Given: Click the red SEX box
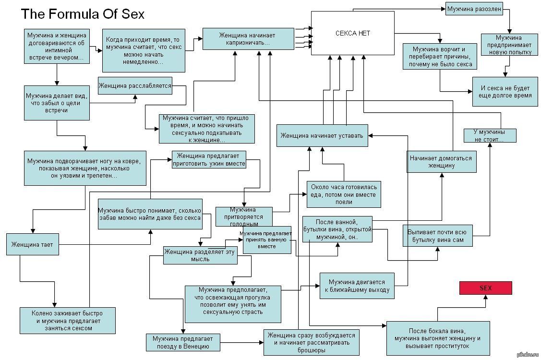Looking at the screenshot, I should [486, 288].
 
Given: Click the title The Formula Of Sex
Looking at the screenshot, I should [82, 14].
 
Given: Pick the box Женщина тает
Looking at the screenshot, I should [32, 245].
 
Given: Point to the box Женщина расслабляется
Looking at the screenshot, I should [135, 86].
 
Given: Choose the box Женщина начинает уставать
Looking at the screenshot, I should [323, 135].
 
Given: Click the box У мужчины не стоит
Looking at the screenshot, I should [489, 135].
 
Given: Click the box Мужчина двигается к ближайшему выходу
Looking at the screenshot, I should [357, 286].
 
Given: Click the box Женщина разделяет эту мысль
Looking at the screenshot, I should [200, 255].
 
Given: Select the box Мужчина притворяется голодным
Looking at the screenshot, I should [244, 216].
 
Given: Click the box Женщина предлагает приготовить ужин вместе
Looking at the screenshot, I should [209, 159].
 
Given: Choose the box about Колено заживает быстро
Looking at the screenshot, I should [67, 321].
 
